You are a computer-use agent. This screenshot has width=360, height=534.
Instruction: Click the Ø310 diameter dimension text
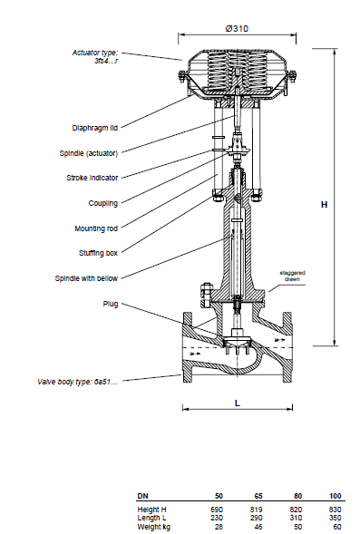(237, 29)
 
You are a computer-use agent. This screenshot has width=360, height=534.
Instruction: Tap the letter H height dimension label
(325, 204)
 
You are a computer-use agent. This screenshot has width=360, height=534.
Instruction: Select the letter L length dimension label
(238, 403)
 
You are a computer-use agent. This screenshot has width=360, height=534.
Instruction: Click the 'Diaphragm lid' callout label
(95, 128)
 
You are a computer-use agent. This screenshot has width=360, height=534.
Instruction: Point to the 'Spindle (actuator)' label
(89, 153)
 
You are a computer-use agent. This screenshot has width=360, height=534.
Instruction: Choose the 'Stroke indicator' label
(92, 178)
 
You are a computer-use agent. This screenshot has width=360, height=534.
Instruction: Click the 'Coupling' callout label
(103, 203)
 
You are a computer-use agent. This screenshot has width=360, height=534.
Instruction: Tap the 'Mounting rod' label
(96, 228)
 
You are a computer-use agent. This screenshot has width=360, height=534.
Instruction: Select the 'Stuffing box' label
(99, 253)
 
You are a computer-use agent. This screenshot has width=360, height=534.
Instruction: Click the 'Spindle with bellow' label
(86, 278)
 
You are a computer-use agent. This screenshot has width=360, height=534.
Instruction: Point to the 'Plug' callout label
(111, 304)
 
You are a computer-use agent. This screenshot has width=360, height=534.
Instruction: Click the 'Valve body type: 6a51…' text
(78, 382)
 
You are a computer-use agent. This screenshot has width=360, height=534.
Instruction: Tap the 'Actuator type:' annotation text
(95, 53)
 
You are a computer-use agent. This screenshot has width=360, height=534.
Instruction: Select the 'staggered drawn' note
(293, 276)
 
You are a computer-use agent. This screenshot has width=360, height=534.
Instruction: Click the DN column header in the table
(142, 496)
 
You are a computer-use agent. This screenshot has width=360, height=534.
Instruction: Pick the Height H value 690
(217, 510)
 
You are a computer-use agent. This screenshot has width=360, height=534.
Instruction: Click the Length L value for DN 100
(336, 518)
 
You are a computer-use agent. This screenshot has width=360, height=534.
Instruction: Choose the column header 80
(298, 496)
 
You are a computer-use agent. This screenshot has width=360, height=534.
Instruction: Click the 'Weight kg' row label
(154, 527)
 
